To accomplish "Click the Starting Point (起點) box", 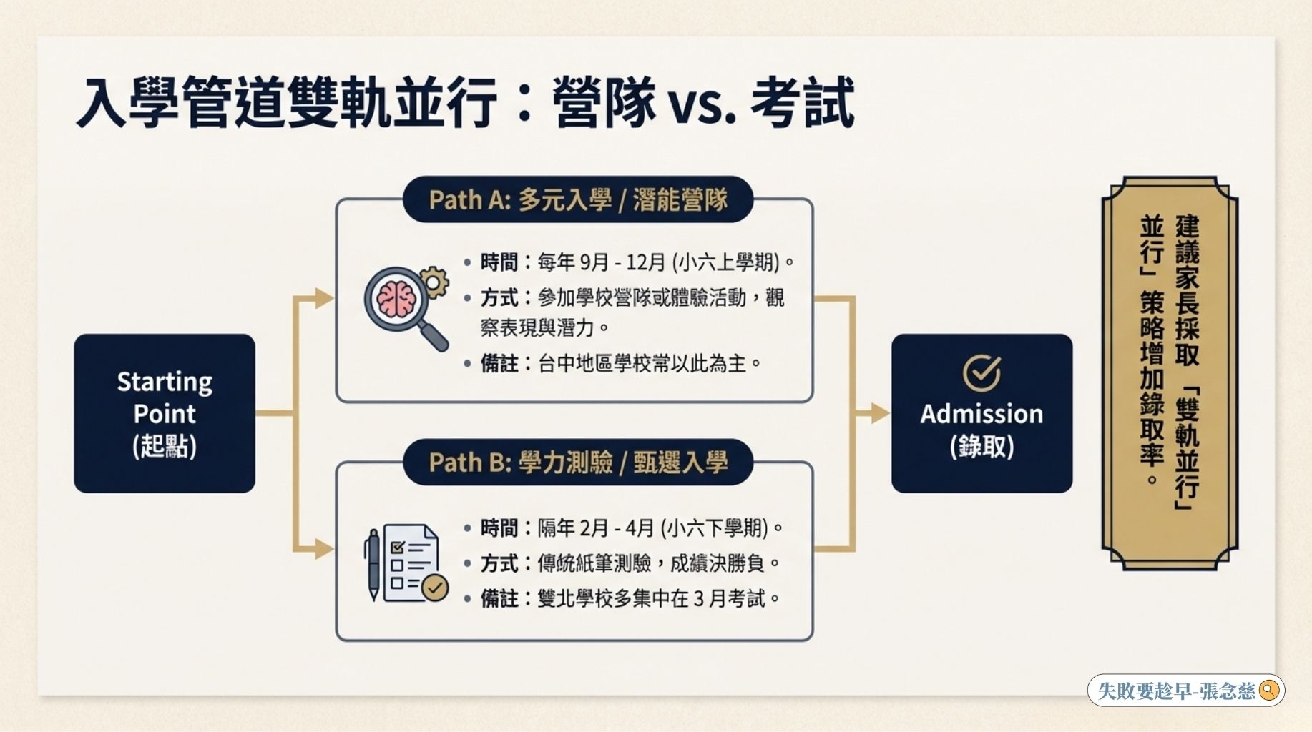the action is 165,413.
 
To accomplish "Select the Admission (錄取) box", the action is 981,413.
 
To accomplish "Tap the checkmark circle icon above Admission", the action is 981,372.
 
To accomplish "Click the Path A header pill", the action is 578,199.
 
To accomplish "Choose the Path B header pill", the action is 578,463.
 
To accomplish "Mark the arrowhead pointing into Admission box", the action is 880,413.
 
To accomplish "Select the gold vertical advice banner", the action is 1170,373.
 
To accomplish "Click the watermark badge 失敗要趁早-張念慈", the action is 1186,691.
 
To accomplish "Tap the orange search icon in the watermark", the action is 1269,691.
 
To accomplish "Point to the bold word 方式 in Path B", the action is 499,564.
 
